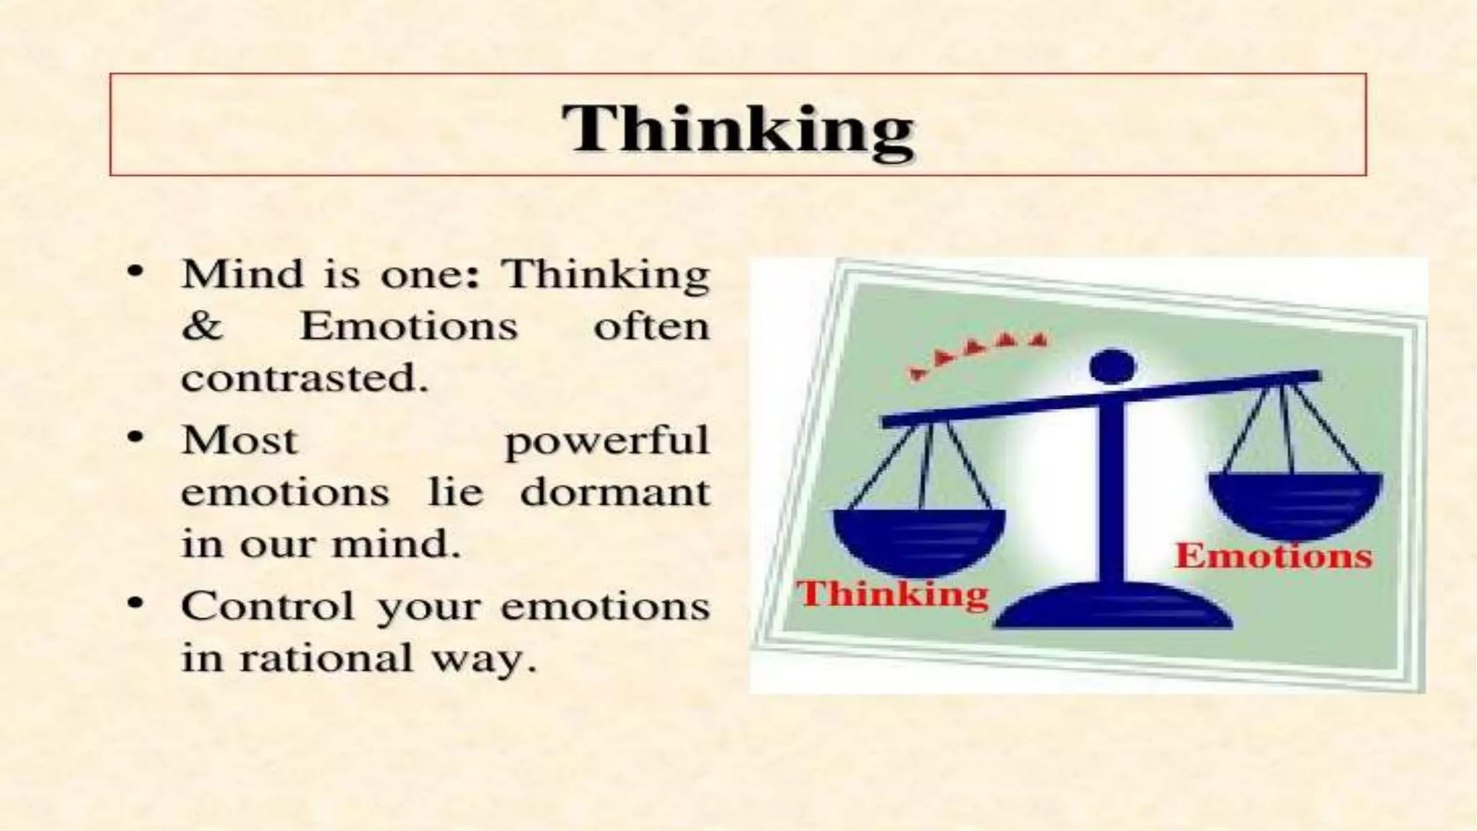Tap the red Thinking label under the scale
point(892,594)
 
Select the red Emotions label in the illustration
point(1274,556)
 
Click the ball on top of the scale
point(1112,366)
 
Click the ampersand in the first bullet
point(203,326)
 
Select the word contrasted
point(304,378)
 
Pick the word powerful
point(607,441)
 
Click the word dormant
point(614,493)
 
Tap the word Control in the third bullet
point(268,605)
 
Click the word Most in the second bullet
point(239,440)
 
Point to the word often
point(651,326)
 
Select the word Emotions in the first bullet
point(408,326)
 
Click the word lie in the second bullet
point(455,493)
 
